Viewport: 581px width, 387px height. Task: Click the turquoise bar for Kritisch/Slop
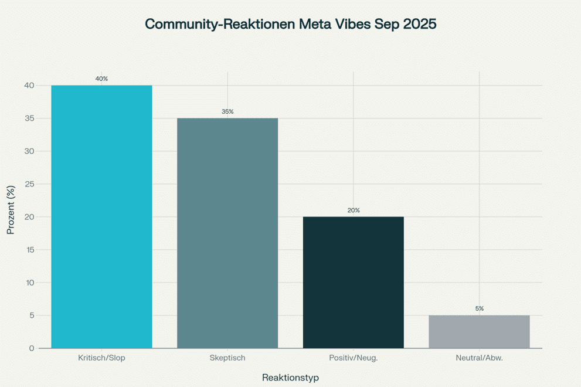101,217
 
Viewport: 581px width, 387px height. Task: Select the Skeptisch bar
227,233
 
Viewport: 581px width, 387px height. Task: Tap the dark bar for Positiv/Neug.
354,283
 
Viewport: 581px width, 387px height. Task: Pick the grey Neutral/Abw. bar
479,332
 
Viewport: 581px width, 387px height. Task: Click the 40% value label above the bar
101,79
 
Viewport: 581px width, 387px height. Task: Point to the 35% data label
227,111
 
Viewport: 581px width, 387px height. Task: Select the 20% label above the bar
354,210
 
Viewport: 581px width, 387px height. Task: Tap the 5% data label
480,308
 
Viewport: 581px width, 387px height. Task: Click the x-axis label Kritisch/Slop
101,358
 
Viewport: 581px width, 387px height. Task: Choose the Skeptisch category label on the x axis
227,358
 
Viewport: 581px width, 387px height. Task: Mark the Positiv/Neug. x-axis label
354,358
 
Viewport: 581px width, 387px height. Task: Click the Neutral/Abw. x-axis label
479,358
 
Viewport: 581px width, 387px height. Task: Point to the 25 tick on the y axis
29,184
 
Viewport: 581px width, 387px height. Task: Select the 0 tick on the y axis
32,348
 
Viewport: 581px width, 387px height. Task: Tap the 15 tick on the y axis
29,250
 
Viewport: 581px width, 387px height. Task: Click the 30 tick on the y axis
29,151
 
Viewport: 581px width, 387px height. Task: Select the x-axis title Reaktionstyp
290,378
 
